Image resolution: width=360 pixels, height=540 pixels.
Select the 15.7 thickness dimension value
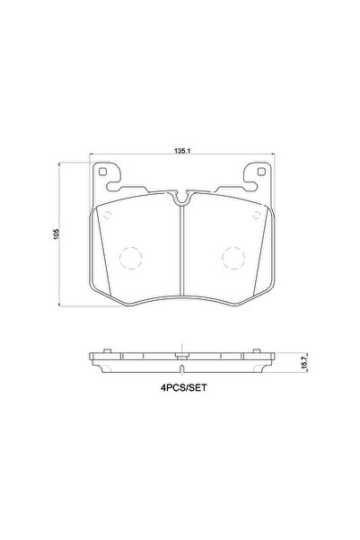click(305, 363)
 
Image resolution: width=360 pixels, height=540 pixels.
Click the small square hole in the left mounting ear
click(103, 173)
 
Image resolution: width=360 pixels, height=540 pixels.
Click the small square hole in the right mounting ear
click(260, 173)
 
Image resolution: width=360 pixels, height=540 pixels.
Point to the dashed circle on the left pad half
click(130, 259)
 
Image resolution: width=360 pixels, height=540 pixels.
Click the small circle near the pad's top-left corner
click(106, 217)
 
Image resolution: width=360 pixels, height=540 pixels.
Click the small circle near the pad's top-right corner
click(259, 217)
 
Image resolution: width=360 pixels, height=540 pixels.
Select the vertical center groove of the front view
click(181, 252)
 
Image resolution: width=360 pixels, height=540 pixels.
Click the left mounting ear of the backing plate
click(106, 178)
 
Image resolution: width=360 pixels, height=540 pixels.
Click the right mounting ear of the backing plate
click(258, 178)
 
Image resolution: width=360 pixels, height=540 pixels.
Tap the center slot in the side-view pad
click(181, 357)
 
